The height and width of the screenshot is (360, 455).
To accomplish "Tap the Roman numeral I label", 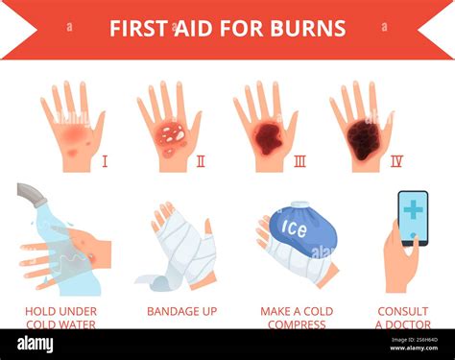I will [105, 160].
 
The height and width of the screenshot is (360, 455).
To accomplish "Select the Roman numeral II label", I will [200, 160].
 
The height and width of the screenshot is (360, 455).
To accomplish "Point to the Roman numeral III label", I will [299, 160].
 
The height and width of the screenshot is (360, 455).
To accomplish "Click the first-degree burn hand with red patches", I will [73, 134].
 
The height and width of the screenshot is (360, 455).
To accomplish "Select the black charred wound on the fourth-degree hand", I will [363, 140].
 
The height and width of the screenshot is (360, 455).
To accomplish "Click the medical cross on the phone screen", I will [413, 210].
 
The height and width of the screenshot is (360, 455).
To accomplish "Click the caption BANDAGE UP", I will [181, 311].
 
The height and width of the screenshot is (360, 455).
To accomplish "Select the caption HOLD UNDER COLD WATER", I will [60, 318].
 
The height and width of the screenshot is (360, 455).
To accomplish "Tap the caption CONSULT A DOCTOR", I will [402, 318].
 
